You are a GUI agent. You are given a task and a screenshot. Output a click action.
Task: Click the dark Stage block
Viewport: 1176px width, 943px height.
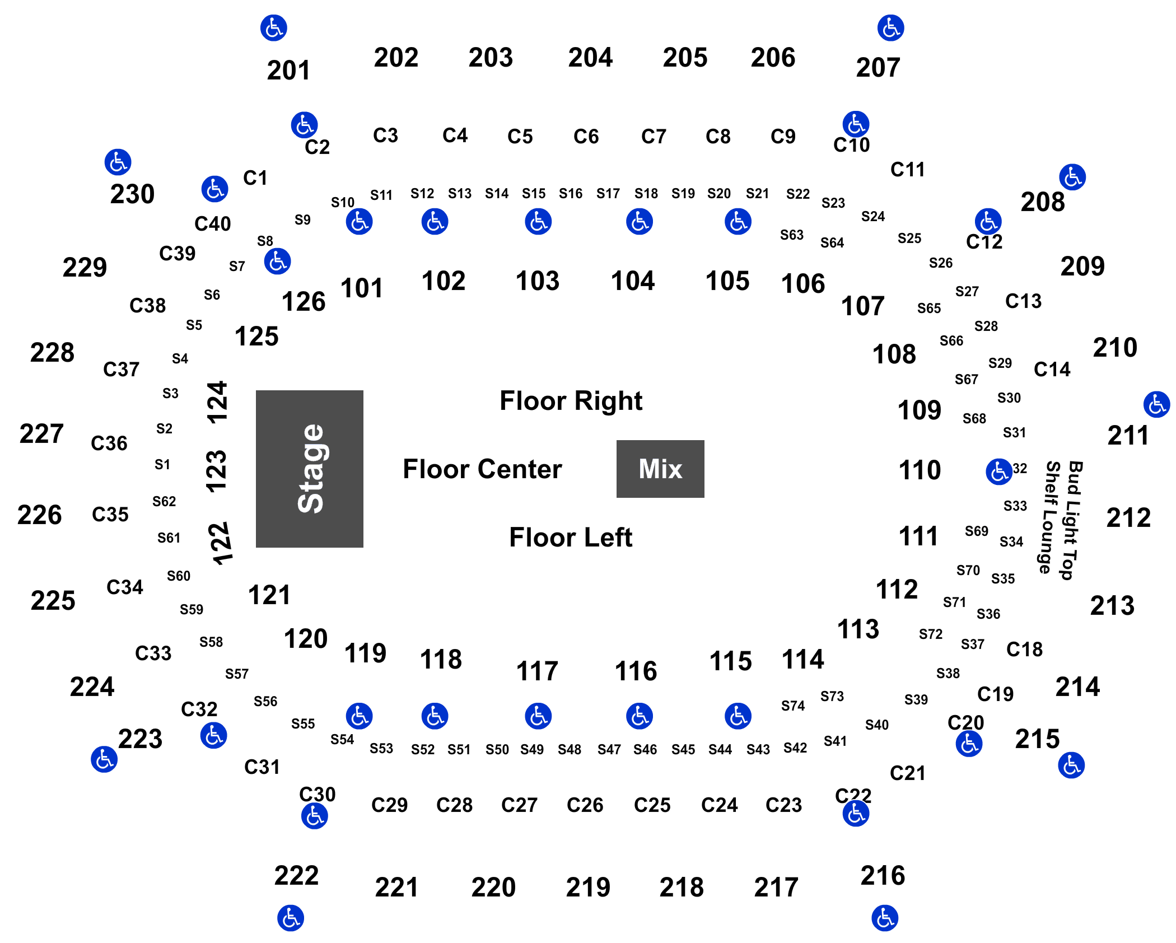click(309, 469)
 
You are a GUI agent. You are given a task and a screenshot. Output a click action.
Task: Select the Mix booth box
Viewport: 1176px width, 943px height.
click(660, 469)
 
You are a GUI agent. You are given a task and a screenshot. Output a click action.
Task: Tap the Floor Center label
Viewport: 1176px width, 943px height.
click(482, 469)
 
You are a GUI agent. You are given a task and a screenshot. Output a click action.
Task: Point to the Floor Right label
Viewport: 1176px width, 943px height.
click(571, 402)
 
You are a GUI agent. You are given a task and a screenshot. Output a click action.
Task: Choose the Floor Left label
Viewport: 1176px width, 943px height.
click(571, 538)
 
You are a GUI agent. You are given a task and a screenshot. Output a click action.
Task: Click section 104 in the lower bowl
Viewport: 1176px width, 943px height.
click(633, 281)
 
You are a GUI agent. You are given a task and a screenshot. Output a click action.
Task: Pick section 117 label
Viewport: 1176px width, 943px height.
click(537, 671)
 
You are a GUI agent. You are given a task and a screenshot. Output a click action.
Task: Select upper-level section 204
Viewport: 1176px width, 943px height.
click(590, 58)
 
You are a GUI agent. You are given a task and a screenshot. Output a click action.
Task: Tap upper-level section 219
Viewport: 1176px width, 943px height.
click(588, 887)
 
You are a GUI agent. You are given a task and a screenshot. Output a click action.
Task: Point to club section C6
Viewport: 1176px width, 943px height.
click(586, 137)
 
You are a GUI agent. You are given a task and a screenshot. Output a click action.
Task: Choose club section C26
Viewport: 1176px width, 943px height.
click(585, 805)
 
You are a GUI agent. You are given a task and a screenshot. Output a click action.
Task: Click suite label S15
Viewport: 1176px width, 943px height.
click(534, 194)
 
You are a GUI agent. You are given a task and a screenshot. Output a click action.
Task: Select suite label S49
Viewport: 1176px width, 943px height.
click(532, 749)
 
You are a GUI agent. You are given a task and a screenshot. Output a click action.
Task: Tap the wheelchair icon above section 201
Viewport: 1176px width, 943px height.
click(274, 28)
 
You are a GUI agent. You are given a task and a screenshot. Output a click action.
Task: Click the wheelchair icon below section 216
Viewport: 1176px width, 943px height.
click(885, 918)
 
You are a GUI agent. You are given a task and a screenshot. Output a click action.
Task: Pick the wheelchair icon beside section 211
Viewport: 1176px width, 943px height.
click(1156, 404)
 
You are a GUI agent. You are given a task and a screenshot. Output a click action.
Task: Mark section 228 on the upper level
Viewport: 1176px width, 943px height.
click(52, 353)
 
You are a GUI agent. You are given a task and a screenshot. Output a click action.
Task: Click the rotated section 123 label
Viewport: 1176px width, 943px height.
click(217, 471)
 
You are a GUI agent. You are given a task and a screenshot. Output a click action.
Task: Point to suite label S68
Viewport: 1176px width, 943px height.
click(974, 419)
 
